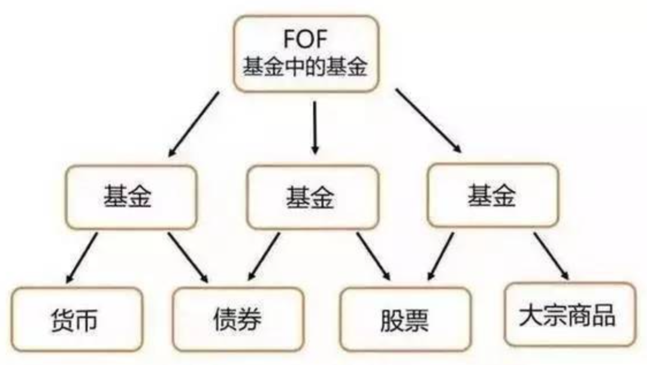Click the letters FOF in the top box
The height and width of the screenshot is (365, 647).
306,40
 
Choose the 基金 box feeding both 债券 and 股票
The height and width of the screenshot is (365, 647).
312,196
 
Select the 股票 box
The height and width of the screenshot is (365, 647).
404,320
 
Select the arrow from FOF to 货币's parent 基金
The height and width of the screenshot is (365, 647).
194,123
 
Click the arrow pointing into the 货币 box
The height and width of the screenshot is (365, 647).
81,258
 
